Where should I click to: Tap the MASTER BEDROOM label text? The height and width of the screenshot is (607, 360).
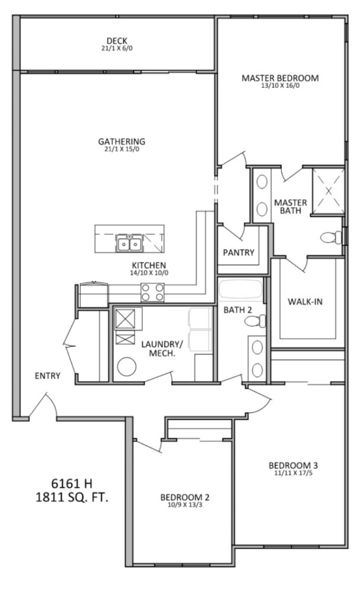click(280, 78)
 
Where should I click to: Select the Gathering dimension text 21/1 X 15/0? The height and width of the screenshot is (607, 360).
click(121, 149)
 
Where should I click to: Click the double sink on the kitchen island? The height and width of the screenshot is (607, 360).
click(129, 243)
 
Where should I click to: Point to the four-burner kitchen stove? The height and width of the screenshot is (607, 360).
click(152, 292)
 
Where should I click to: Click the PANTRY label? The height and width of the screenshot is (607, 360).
click(238, 253)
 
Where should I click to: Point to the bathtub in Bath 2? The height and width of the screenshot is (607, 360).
click(241, 290)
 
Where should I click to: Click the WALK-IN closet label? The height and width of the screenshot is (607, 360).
click(305, 302)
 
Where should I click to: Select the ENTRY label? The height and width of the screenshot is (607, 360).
click(47, 375)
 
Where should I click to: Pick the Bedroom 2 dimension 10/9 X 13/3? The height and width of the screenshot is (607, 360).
click(184, 506)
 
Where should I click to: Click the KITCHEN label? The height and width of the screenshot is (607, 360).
click(149, 265)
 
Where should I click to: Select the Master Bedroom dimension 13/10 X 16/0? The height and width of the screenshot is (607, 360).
click(280, 85)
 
